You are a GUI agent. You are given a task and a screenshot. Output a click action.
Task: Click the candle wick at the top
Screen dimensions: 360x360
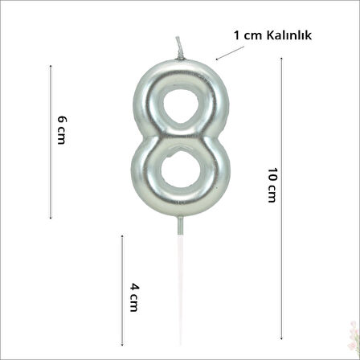click(x=179, y=48)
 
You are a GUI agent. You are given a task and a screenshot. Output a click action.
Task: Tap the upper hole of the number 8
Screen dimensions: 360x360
click(x=181, y=106)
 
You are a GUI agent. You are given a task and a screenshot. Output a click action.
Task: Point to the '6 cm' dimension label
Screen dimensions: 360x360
click(x=62, y=130)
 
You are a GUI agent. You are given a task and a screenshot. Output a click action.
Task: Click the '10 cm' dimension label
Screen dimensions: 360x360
click(x=272, y=185)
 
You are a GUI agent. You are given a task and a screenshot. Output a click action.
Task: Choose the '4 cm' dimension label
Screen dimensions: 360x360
click(x=134, y=297)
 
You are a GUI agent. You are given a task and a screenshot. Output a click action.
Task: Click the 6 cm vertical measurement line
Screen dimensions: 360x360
click(x=51, y=141)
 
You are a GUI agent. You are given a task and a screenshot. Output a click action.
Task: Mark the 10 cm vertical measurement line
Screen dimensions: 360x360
click(x=281, y=198)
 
